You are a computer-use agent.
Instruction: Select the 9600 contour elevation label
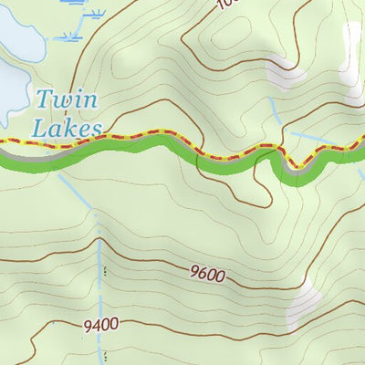tap(207, 272)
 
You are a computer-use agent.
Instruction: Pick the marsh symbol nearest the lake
tap(68, 36)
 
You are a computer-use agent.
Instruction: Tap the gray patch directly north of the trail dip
tap(286, 74)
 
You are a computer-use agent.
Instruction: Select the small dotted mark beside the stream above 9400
tap(104, 271)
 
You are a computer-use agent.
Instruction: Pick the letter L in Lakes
tap(36, 128)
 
